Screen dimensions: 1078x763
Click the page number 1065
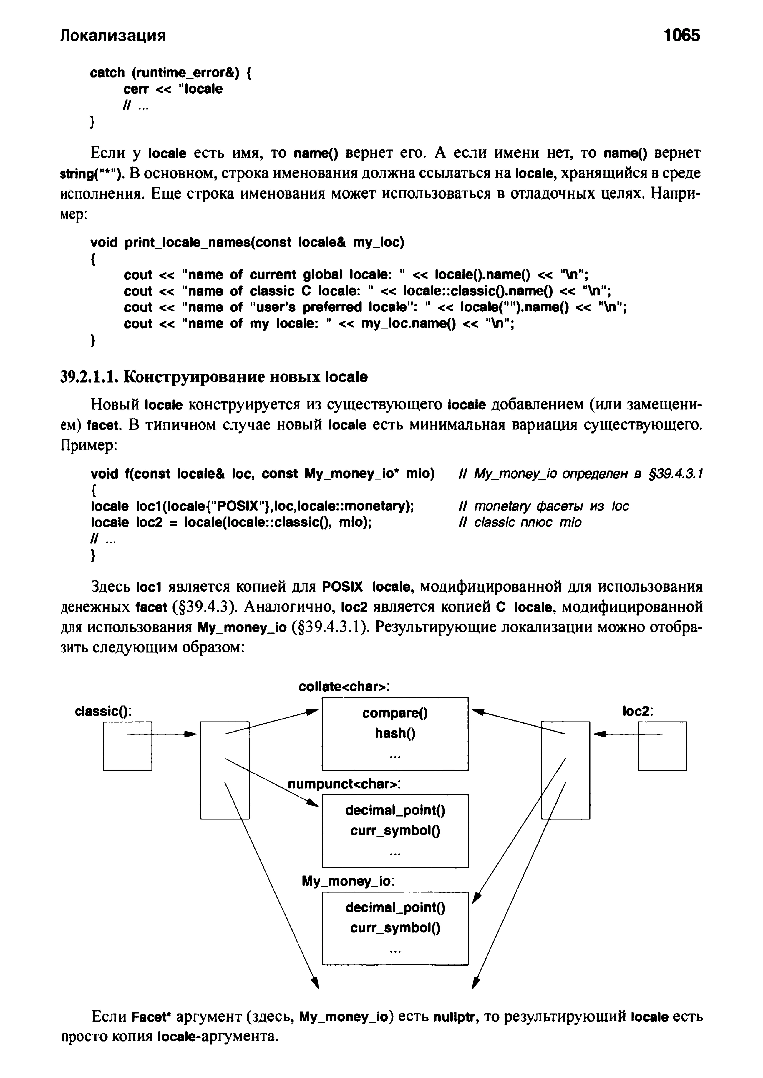[x=681, y=35]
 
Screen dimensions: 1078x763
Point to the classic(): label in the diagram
[x=103, y=711]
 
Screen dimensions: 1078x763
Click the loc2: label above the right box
[x=638, y=711]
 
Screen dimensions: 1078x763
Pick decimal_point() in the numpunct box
[x=395, y=810]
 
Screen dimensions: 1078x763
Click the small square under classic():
[x=127, y=746]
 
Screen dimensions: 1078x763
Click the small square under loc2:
[x=662, y=746]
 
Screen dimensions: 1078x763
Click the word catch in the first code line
[x=107, y=73]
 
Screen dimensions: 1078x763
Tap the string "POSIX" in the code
[x=240, y=506]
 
